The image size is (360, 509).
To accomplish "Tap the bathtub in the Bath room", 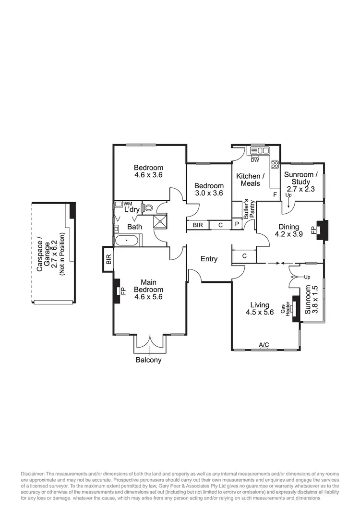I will [x=127, y=240].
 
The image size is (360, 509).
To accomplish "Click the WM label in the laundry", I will [x=128, y=204].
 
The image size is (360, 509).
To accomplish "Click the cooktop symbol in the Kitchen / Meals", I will [x=275, y=165].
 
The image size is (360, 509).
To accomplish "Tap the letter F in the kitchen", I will [x=275, y=194].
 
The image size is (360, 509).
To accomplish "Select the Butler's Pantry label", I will [x=248, y=209].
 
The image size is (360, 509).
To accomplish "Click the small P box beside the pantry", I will [x=237, y=225].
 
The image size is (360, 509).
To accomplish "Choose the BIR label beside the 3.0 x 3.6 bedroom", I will [x=198, y=225].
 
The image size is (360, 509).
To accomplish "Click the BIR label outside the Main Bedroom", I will [x=108, y=260].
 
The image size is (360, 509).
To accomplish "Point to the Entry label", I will [x=209, y=259].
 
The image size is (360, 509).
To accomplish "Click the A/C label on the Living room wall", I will [x=264, y=345].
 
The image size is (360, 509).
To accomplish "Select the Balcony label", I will [x=148, y=360].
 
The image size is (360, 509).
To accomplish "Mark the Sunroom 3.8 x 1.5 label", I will [x=312, y=299].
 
